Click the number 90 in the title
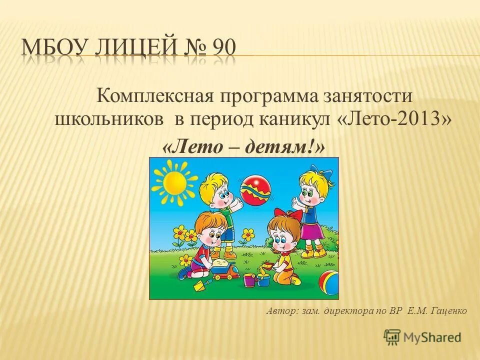[224, 49]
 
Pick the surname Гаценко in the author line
[447, 311]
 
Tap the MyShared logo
[422, 337]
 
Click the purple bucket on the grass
[249, 279]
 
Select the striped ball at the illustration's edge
[330, 282]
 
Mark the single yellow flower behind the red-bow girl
[247, 234]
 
